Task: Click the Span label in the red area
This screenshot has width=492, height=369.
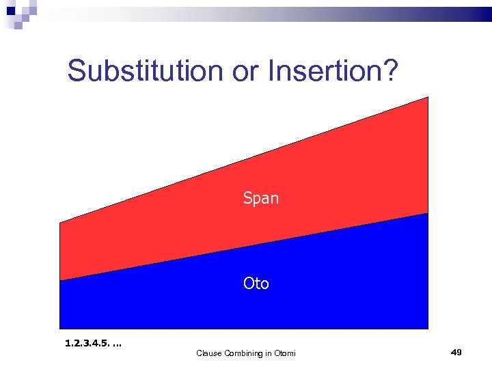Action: click(x=261, y=199)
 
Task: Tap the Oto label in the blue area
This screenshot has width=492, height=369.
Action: click(x=256, y=284)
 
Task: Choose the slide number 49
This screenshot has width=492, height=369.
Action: click(x=456, y=352)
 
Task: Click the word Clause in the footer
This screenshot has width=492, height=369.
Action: click(x=209, y=353)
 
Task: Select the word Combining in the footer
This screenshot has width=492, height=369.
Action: click(x=243, y=353)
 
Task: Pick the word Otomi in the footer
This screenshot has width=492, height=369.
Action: click(x=285, y=353)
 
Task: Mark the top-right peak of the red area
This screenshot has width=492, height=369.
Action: click(x=428, y=97)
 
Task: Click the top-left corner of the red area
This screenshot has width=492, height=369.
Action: click(x=60, y=222)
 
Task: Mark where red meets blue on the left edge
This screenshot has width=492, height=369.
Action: click(x=60, y=280)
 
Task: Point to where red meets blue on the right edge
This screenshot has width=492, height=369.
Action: click(x=428, y=213)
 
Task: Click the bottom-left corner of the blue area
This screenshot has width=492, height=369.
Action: click(x=60, y=329)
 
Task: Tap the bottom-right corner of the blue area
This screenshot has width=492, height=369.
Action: click(x=428, y=329)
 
